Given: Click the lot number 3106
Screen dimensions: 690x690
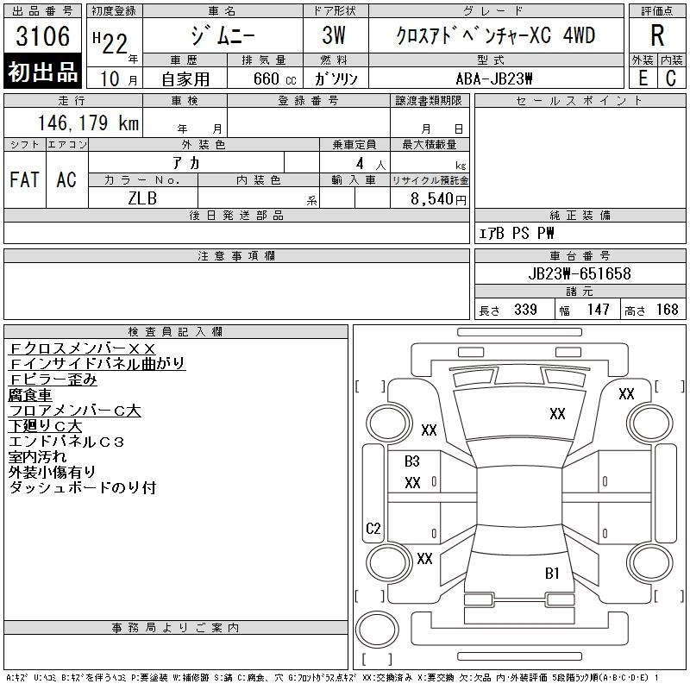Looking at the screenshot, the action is [x=43, y=37].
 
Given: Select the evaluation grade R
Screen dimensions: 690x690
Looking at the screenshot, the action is [x=657, y=35].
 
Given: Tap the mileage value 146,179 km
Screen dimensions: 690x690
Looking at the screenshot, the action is [x=88, y=123].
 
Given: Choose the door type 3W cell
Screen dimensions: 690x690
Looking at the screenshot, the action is [x=336, y=36].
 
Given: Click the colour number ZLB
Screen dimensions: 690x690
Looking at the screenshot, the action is [x=142, y=198].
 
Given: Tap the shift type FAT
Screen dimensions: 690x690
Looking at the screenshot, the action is [x=24, y=179].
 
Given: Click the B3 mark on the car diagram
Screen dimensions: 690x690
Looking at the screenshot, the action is [x=412, y=461].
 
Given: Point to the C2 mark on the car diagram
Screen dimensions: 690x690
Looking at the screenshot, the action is [x=373, y=529].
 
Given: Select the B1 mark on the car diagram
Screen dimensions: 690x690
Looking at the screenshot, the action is [x=552, y=573].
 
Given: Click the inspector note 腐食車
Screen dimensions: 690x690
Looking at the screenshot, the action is [x=29, y=395].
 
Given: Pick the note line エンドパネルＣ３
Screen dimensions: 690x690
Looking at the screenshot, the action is [x=66, y=442].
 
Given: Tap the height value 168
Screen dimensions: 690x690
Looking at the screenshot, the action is [x=668, y=310].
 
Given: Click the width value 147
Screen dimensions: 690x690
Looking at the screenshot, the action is [x=599, y=310].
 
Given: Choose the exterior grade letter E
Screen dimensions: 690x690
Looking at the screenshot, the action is [x=643, y=78].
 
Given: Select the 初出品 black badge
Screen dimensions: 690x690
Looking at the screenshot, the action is [x=43, y=72].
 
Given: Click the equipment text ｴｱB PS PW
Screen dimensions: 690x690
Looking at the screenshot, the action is [x=517, y=233].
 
